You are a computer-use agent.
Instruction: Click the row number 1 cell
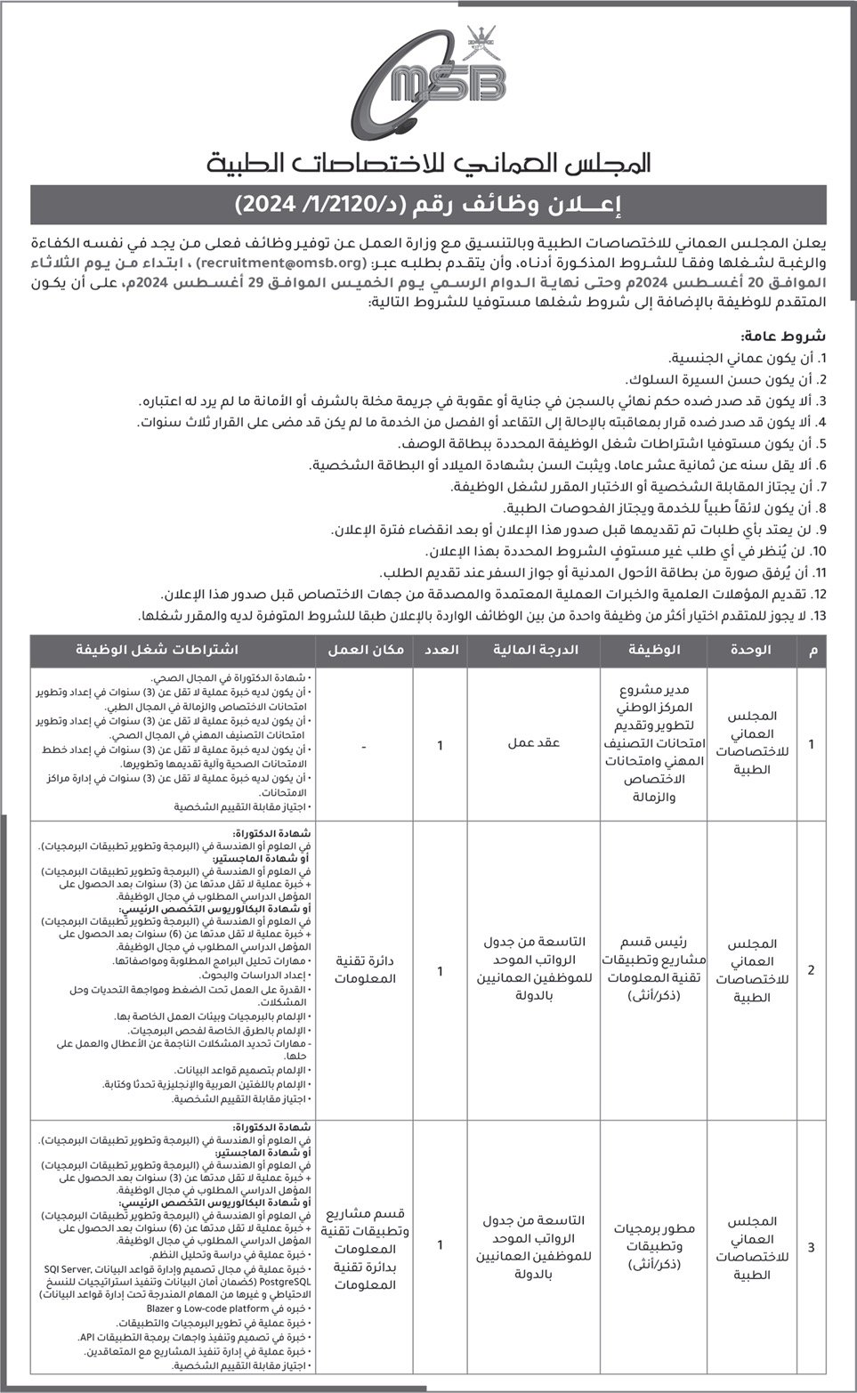point(810,743)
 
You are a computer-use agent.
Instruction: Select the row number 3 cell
point(810,1247)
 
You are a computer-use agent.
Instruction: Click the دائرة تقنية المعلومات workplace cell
point(366,970)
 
